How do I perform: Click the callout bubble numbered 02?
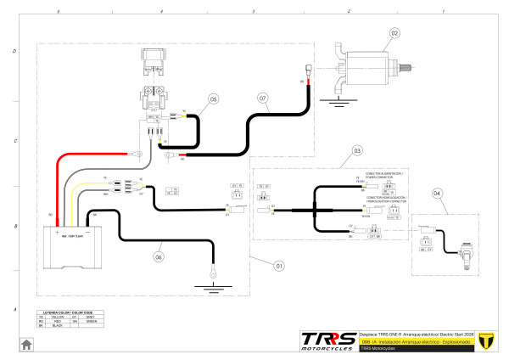(x=394, y=34)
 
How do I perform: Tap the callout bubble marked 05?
(x=214, y=99)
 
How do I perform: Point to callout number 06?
(x=158, y=254)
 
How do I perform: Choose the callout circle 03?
(x=357, y=150)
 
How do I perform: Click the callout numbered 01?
(x=277, y=264)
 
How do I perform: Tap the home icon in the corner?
(x=26, y=344)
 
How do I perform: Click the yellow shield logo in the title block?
(x=486, y=340)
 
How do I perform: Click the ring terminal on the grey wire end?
(x=134, y=155)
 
